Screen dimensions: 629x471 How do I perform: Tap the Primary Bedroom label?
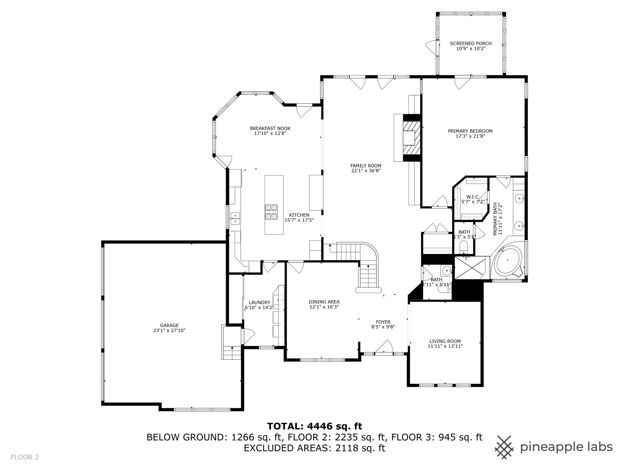(x=470, y=131)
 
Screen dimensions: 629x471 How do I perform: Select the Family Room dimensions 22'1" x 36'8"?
(x=366, y=171)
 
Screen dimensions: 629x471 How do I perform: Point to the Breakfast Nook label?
(x=270, y=129)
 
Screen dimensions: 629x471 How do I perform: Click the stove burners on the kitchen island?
(x=271, y=212)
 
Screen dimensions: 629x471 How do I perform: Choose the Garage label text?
(x=169, y=325)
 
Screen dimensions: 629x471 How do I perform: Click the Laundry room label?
(x=259, y=303)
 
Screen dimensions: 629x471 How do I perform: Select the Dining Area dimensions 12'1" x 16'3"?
(x=324, y=307)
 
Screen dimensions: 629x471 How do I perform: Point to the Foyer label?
(x=383, y=322)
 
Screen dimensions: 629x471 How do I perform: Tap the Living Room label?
(x=445, y=341)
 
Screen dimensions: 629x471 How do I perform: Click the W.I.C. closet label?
(x=473, y=197)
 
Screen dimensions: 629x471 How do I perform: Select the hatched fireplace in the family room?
(x=411, y=138)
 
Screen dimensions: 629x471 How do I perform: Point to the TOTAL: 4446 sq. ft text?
(x=314, y=426)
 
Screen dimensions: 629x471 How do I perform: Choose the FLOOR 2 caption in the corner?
(x=25, y=457)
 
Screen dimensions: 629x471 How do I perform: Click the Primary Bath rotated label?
(x=498, y=219)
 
